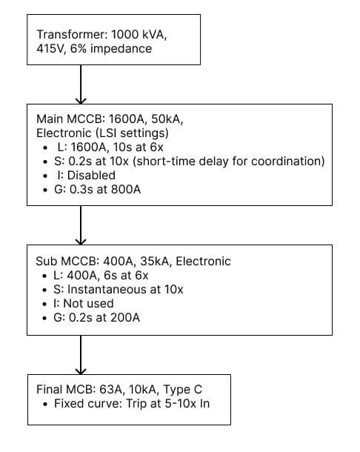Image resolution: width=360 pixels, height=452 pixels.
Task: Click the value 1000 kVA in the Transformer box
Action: pos(159,35)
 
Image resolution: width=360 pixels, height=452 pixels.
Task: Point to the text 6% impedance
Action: pos(114,49)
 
